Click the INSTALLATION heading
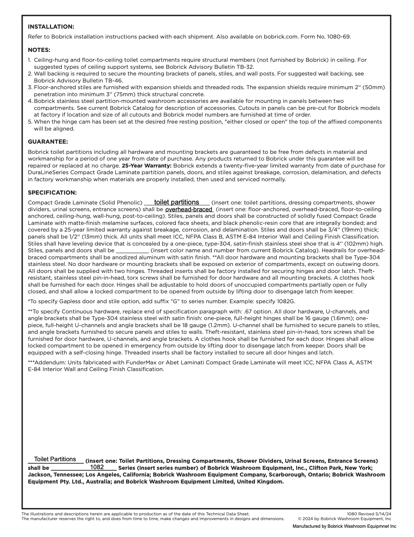coord(51,27)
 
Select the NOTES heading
coord(39,50)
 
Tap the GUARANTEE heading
coord(48,142)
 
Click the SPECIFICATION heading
coord(52,193)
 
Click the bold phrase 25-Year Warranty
coord(146,166)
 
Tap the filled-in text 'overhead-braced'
coord(189,210)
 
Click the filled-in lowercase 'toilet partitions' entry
coord(176,203)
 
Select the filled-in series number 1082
coord(97,467)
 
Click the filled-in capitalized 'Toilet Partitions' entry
coord(55,459)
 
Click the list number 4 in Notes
coord(30,101)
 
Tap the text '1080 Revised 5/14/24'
coord(369,514)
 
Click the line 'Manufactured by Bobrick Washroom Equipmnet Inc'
coord(344,526)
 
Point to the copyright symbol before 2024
coord(300,519)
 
